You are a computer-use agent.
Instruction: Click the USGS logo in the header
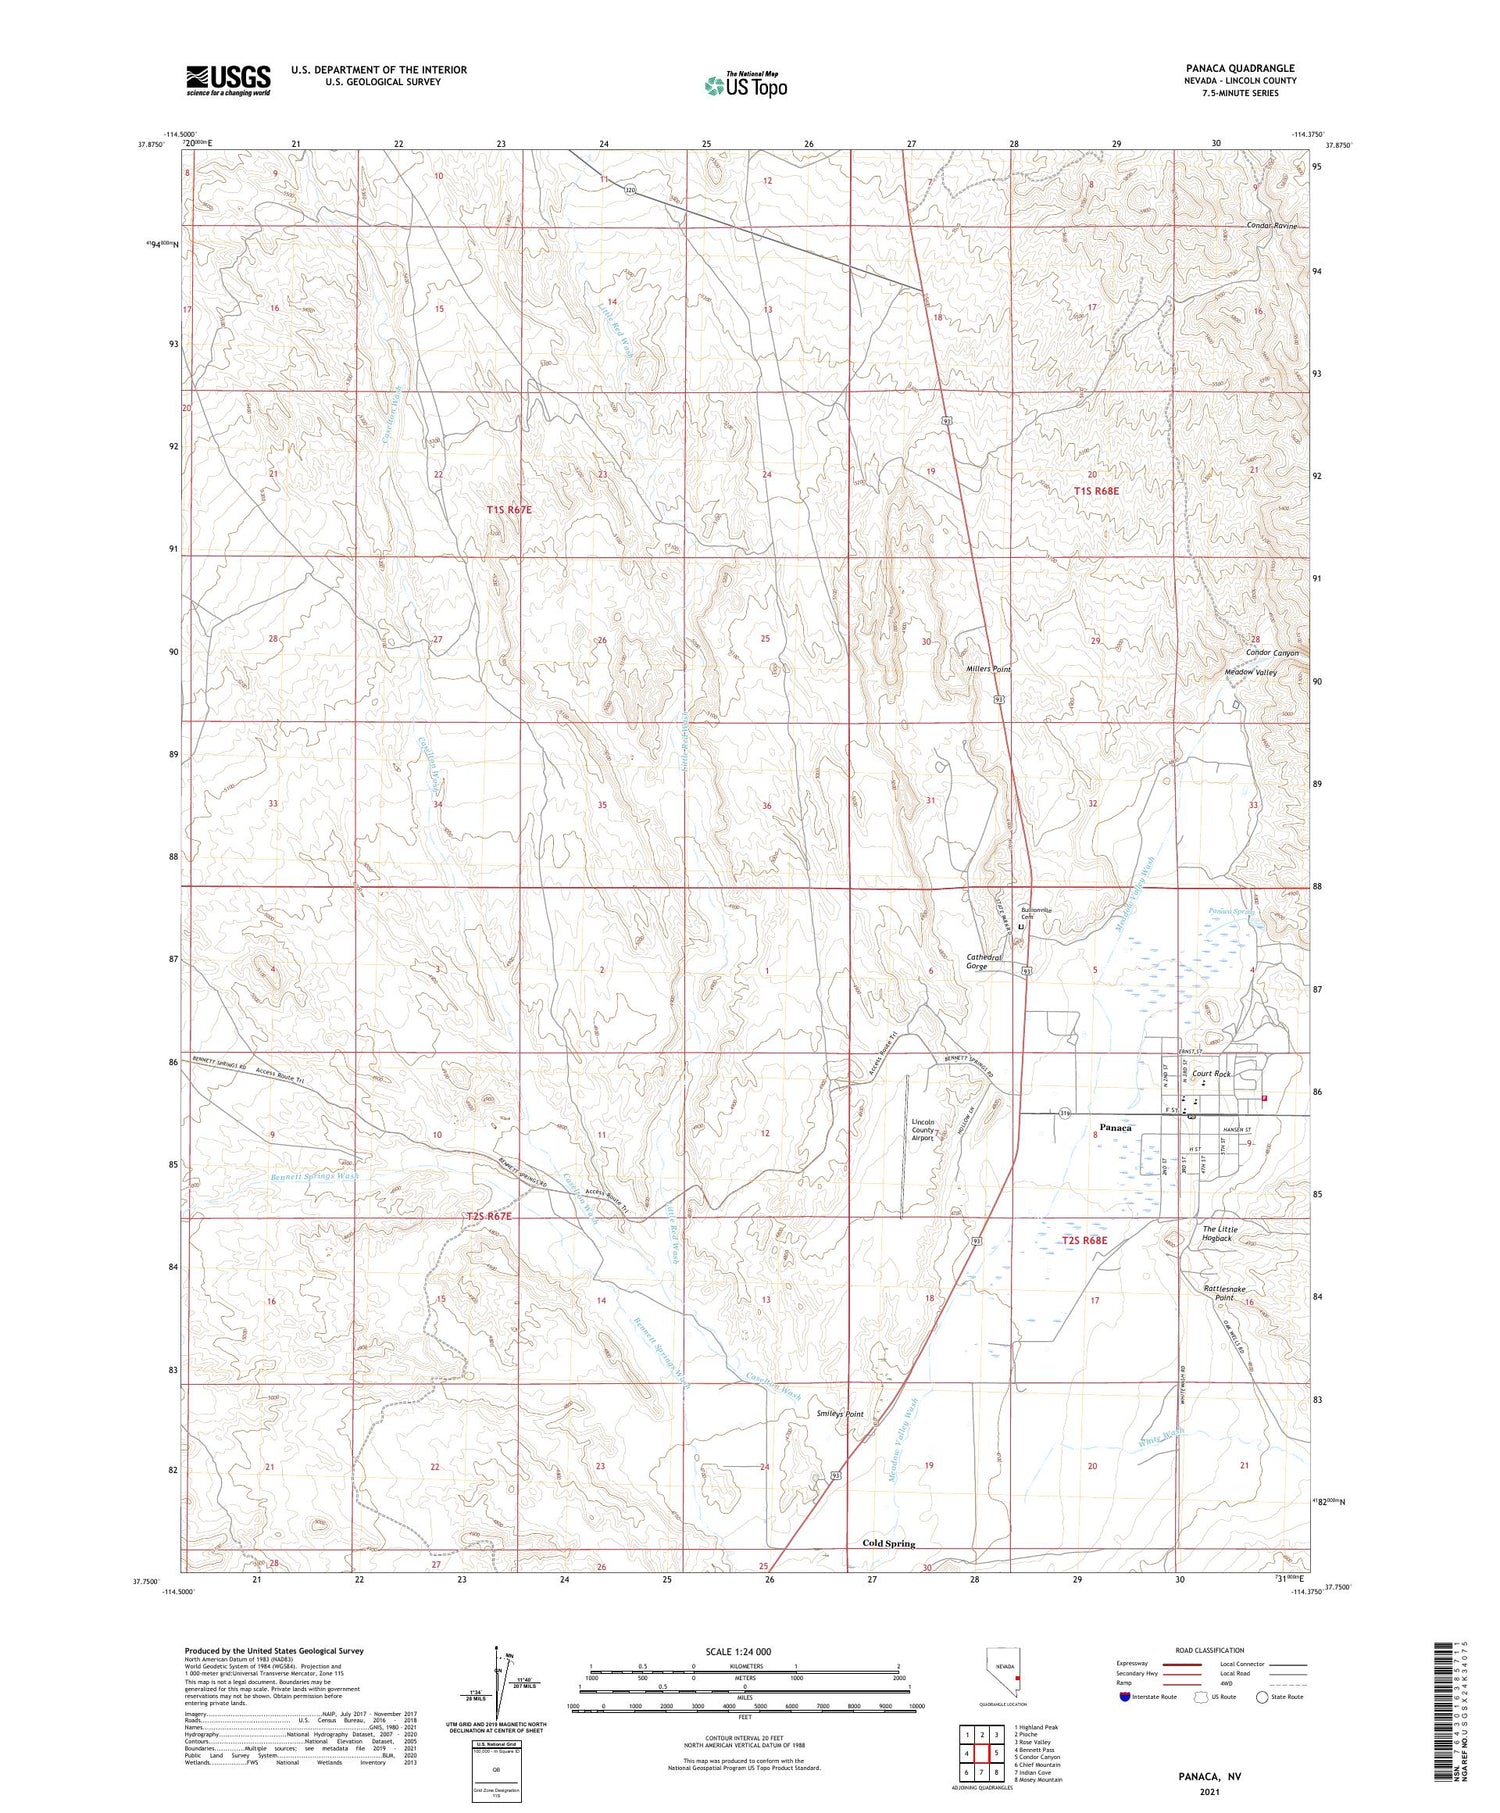(228, 80)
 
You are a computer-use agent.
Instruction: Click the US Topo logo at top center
(745, 85)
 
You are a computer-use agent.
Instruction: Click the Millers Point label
(988, 668)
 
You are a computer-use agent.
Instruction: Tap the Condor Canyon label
(1271, 653)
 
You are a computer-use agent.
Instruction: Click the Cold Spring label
(888, 1543)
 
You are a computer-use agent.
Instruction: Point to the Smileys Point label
(839, 1414)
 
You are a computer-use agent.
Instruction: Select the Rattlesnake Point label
(1224, 1293)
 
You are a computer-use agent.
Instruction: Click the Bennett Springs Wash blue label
(314, 1176)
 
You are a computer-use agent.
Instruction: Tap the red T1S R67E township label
(509, 510)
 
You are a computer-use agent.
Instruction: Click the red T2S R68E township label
(1084, 1240)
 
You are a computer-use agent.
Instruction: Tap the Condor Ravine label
(1271, 226)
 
